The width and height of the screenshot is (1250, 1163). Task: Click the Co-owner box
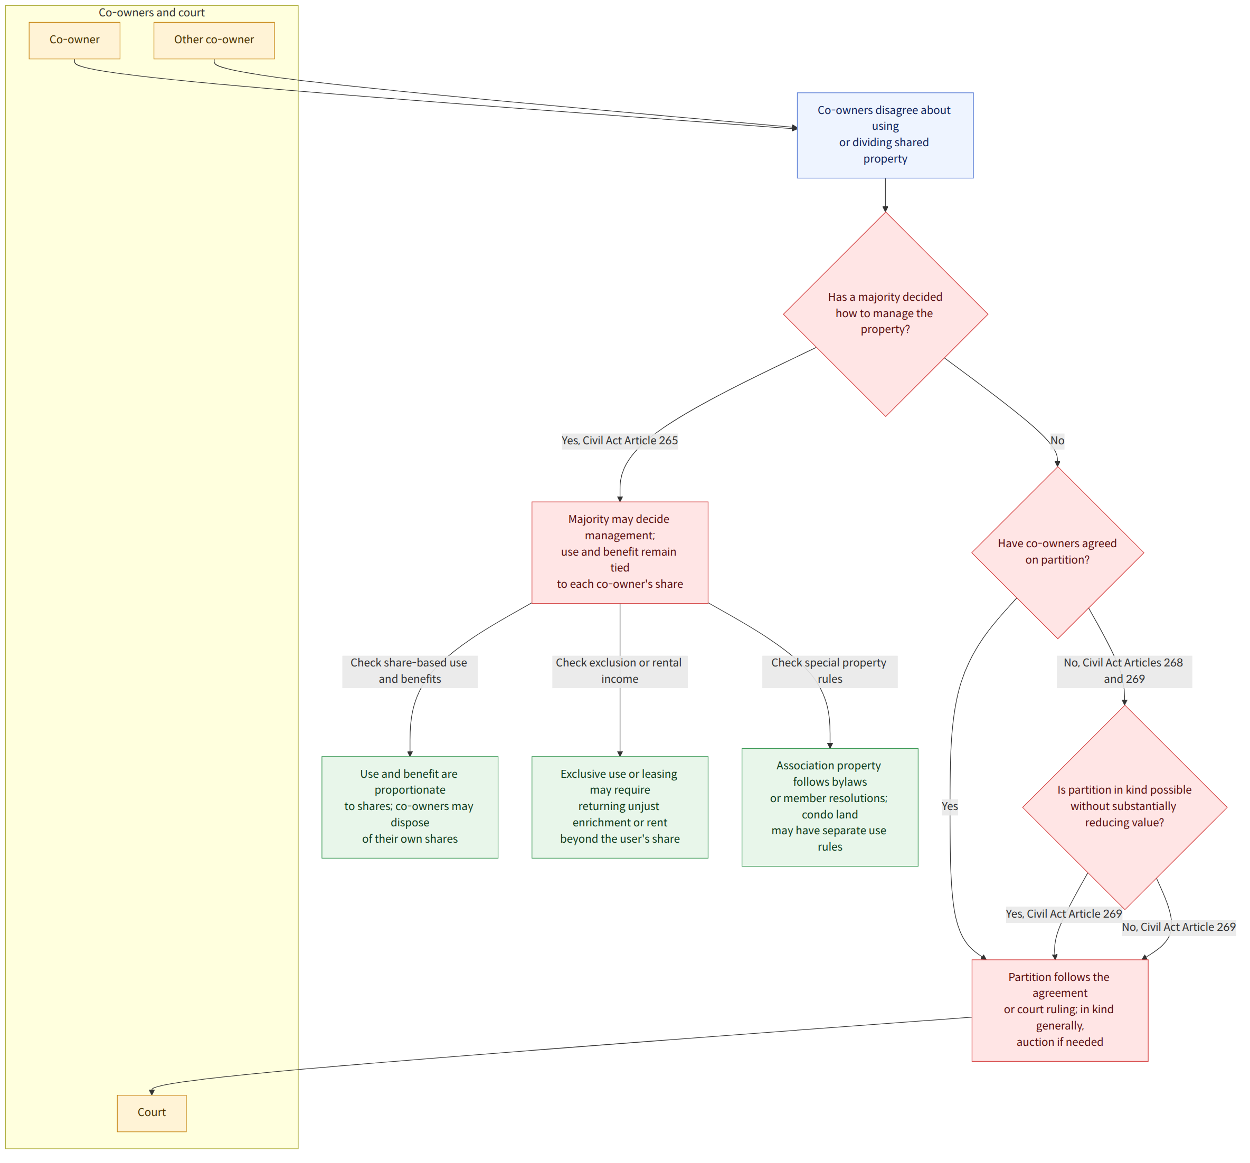point(74,40)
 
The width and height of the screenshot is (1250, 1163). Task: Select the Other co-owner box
point(214,40)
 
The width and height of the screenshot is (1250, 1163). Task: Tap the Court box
point(151,1113)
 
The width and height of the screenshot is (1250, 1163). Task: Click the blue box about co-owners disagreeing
point(885,135)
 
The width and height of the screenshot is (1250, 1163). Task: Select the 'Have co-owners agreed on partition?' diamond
point(1058,552)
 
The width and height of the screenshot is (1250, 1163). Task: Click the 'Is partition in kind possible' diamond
point(1124,807)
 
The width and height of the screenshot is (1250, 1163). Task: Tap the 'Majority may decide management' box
point(620,552)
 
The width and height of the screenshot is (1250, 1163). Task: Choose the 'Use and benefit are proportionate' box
point(410,807)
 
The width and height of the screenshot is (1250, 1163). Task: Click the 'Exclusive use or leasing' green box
point(620,807)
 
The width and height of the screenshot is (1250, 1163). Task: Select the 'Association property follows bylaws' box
point(830,807)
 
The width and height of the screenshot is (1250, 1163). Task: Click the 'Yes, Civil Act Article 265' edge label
point(620,441)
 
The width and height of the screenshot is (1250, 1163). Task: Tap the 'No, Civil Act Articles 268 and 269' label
point(1124,671)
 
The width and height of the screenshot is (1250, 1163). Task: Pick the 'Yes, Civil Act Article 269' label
point(1064,914)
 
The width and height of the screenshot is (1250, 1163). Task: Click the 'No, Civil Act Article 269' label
point(1179,927)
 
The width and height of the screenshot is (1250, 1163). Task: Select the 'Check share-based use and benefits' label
point(410,671)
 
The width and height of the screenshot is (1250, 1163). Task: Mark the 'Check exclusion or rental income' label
point(620,671)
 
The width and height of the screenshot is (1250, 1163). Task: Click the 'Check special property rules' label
point(830,671)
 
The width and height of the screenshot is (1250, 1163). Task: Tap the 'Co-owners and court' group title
point(151,13)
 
